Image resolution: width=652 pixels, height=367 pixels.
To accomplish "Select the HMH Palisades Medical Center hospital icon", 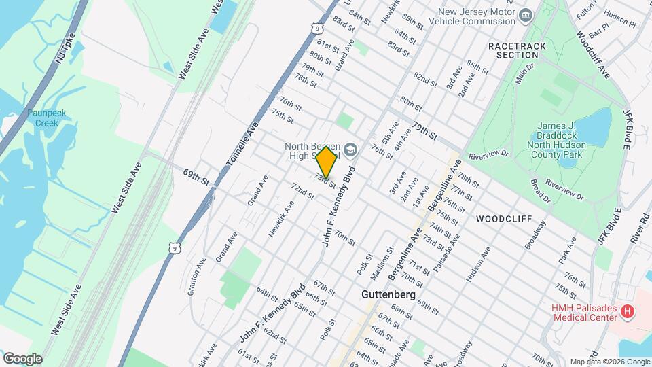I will click(628, 312).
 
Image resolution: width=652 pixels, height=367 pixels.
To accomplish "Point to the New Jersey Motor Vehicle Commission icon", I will click(525, 15).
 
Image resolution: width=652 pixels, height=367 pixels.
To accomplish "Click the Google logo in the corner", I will click(22, 358).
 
